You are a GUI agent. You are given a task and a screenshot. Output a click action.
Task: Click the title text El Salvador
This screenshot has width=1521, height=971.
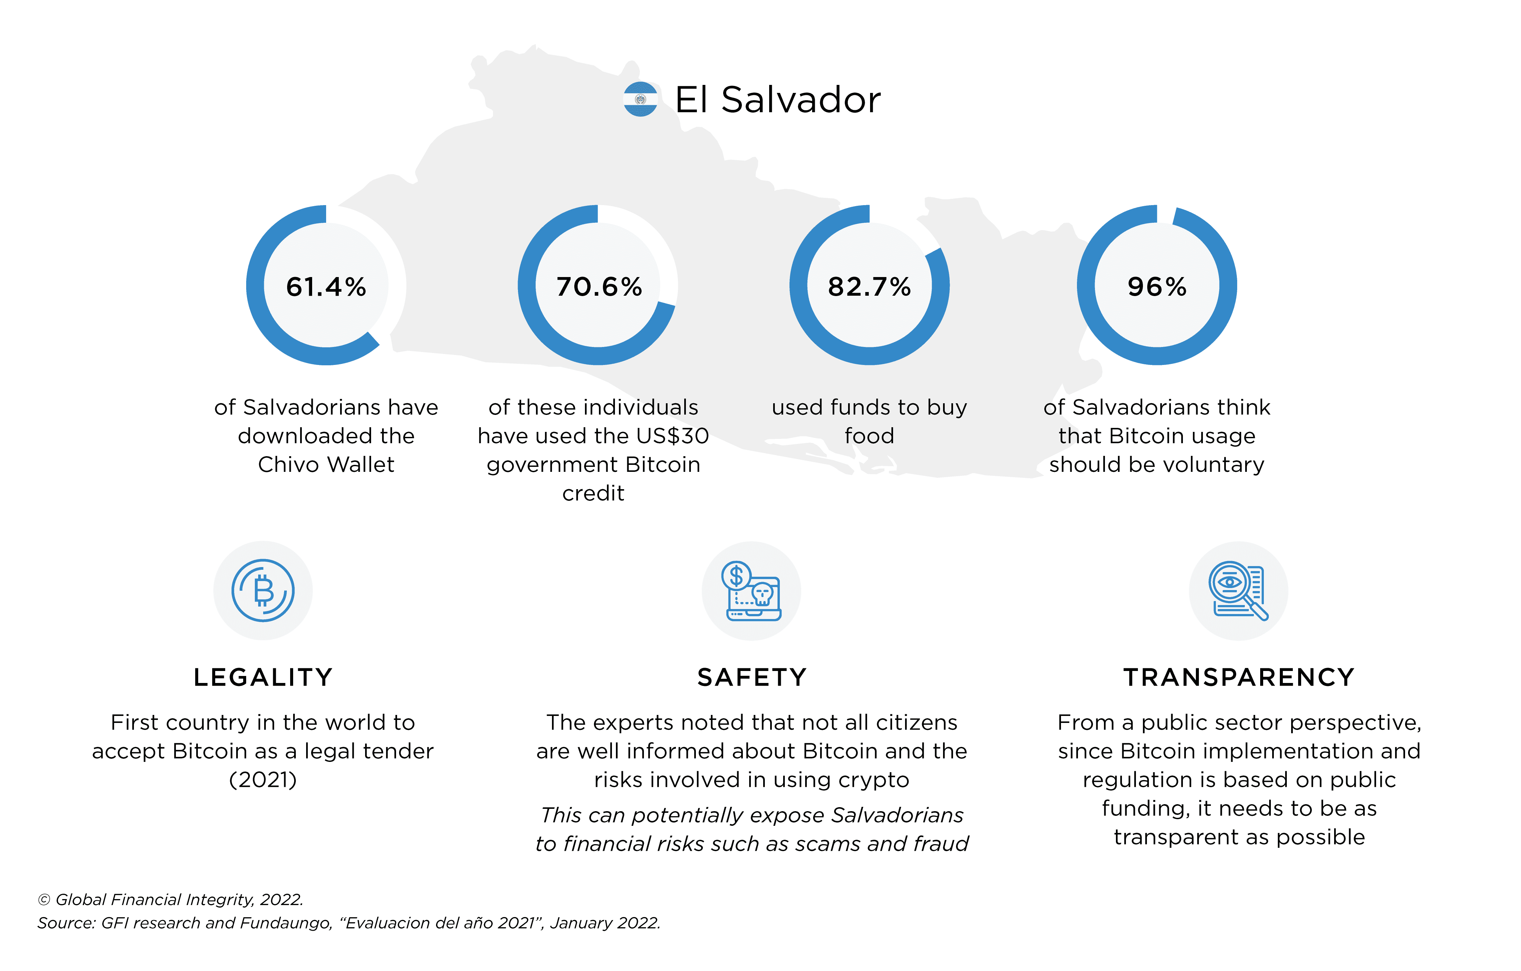pos(777,100)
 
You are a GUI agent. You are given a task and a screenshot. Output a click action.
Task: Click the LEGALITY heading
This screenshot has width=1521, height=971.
pos(263,677)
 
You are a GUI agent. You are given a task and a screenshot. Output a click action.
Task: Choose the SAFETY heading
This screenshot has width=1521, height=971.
pos(752,677)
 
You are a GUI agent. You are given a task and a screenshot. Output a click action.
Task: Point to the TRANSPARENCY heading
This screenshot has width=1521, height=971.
pos(1239,677)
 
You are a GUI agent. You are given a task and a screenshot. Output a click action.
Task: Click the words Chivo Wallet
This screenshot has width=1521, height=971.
pos(326,465)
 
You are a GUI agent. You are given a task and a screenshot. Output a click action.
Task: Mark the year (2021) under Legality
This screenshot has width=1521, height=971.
pos(263,780)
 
